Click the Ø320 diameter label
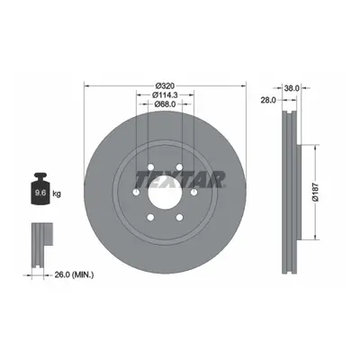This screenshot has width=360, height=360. tap(165, 85)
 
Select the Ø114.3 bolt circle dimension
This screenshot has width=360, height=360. tap(165, 95)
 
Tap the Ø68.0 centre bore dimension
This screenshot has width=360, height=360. tap(165, 104)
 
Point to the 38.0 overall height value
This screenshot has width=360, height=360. tap(292, 88)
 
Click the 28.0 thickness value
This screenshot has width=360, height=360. tap(268, 101)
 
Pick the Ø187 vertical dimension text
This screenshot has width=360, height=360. tap(315, 193)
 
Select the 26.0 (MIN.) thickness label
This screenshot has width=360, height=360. tap(74, 274)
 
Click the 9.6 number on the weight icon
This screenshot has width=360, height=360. tap(40, 193)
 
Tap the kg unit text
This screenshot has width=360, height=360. tap(57, 193)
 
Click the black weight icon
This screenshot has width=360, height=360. tap(40, 189)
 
